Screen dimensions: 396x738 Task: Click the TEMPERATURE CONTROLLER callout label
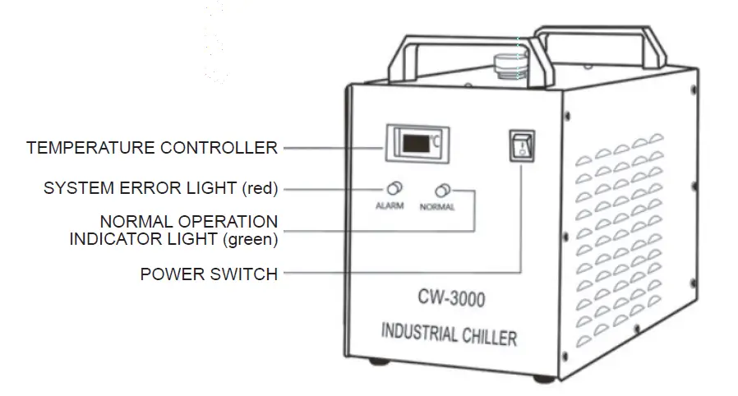152,148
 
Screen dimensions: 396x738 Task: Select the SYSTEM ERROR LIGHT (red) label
161,189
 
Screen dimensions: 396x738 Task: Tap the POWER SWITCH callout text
209,274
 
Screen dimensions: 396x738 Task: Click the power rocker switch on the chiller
521,146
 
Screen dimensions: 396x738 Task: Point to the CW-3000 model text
450,299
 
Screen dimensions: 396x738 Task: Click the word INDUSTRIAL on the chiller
418,335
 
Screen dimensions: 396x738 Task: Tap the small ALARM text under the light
390,205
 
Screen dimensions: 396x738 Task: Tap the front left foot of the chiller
378,361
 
